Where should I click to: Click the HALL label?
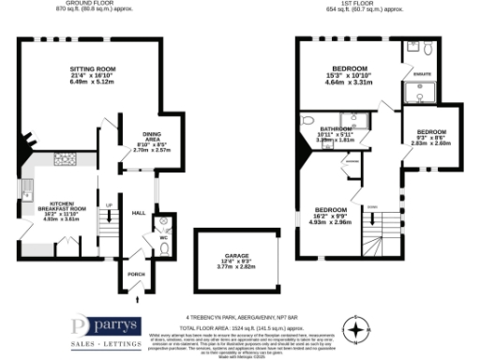(138, 213)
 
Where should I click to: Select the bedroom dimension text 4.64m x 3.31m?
(351, 82)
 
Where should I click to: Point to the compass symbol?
(356, 330)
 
